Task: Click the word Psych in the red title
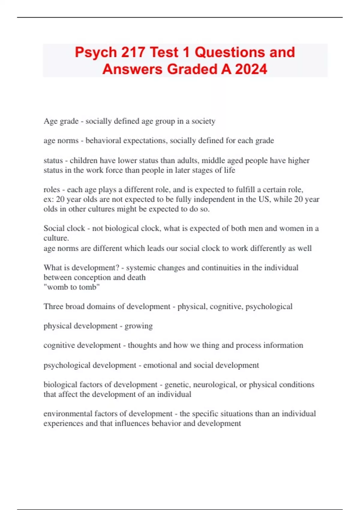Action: pos(96,52)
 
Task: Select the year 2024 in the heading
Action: pos(251,69)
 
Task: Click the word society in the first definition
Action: pos(203,121)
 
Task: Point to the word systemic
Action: pos(140,268)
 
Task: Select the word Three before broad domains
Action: pos(53,306)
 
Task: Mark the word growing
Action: pos(139,326)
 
